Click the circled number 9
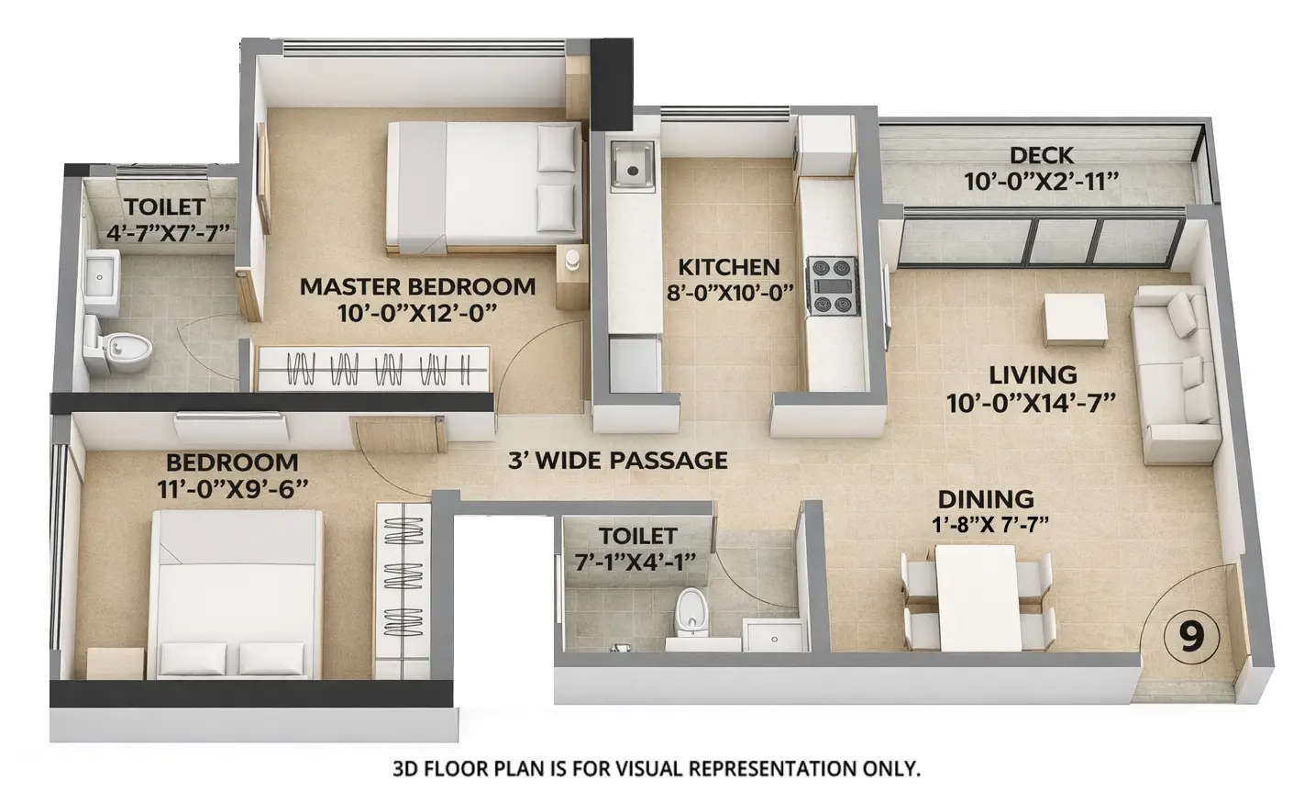coord(1190,635)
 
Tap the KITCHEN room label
coord(728,268)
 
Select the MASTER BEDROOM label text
coord(417,286)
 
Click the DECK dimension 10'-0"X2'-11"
coord(1041,181)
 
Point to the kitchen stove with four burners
coord(832,286)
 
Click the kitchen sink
coord(631,166)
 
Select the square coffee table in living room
coord(1074,318)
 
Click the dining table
coord(976,595)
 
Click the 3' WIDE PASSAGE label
coord(617,460)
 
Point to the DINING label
coord(985,499)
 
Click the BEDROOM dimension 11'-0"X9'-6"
coord(232,488)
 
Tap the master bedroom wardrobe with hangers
coord(373,369)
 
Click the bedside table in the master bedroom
coord(571,266)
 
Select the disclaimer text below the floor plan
coord(656,768)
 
